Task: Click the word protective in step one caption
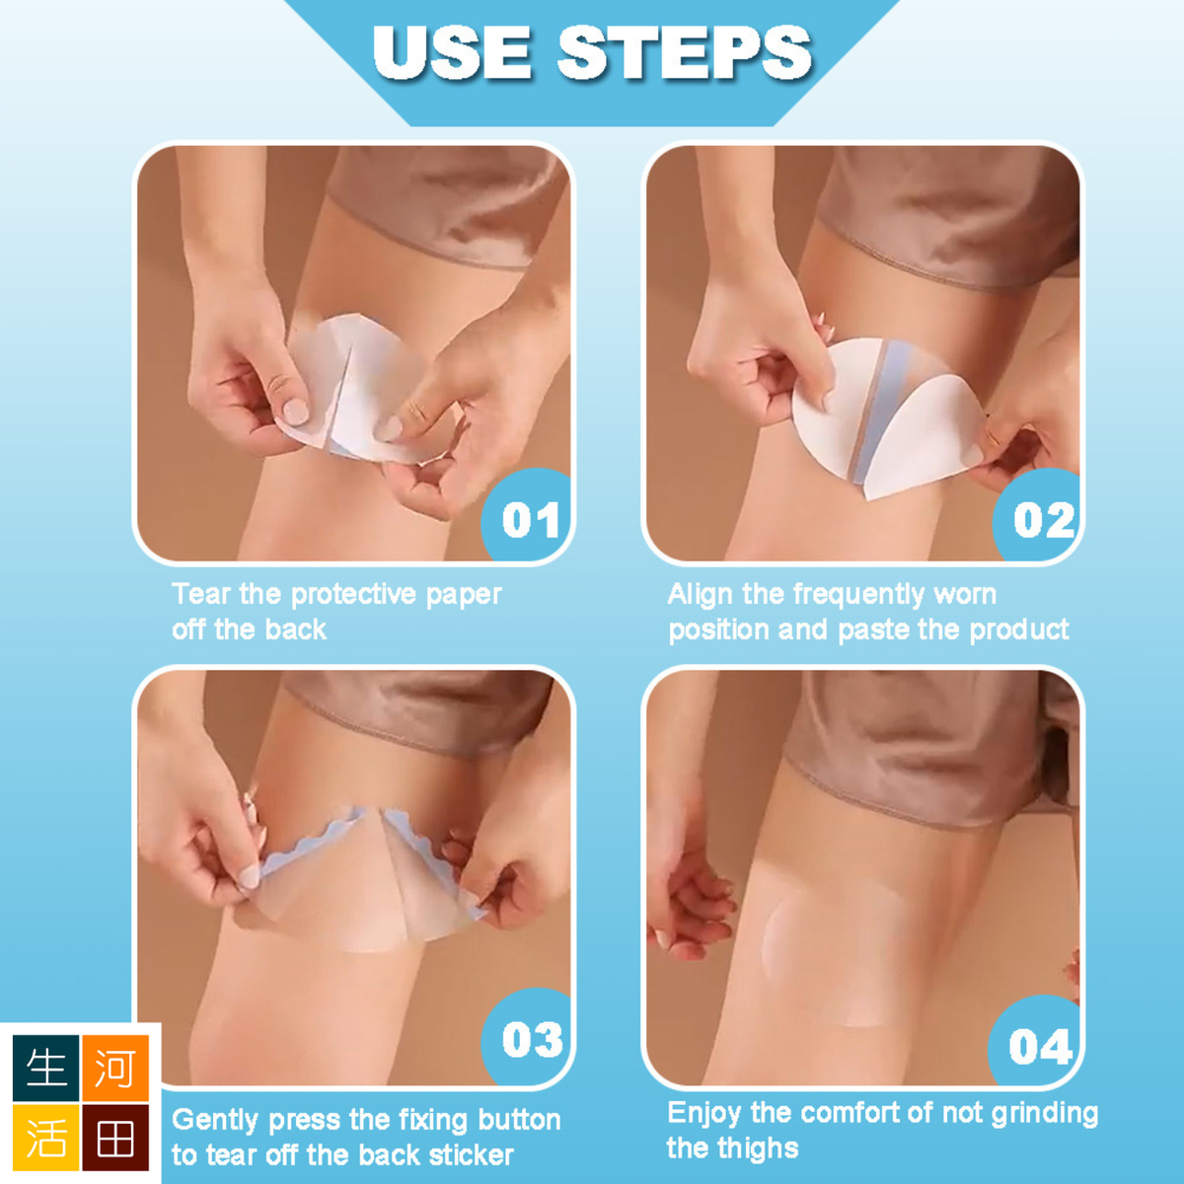tap(353, 595)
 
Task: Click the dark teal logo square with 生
tap(46, 1068)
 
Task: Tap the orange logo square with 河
tap(115, 1068)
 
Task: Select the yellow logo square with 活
tap(46, 1138)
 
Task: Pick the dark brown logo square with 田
tap(115, 1138)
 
